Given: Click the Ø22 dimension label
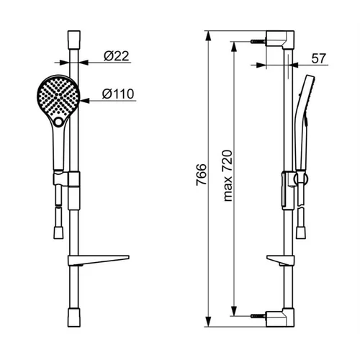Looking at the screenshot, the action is click(x=117, y=56).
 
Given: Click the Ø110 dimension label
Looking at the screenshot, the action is click(x=118, y=94).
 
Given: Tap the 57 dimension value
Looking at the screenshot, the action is click(x=319, y=58).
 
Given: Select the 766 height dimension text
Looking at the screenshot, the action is click(x=201, y=174).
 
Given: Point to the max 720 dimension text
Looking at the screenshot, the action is click(x=228, y=176).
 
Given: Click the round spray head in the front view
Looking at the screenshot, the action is click(x=58, y=96).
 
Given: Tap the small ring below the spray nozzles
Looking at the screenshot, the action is click(x=58, y=122).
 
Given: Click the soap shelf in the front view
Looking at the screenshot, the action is click(x=99, y=261).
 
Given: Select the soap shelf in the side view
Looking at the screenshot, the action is click(x=280, y=261).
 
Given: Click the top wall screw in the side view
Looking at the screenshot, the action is click(x=258, y=41).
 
